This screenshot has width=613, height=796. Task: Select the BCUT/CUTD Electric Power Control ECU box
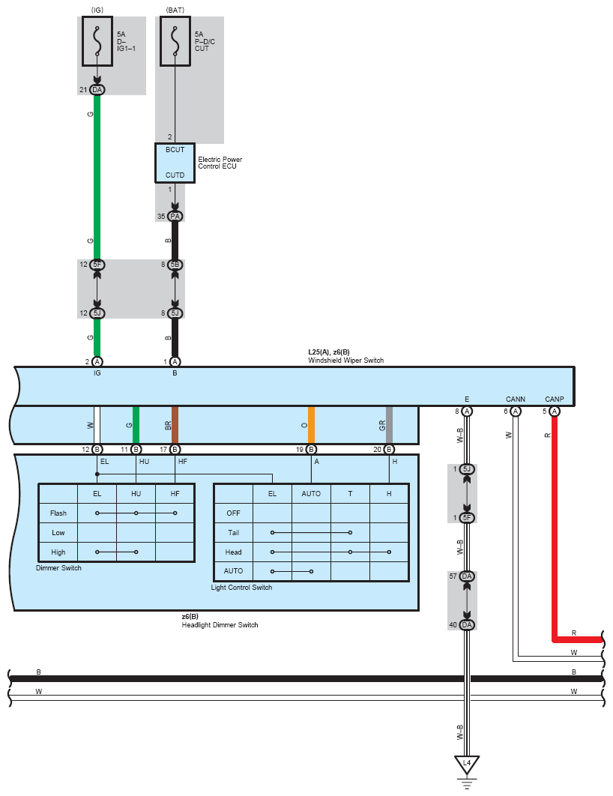pos(175,163)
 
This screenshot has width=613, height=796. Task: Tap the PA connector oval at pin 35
pos(175,217)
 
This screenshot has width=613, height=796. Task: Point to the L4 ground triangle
pos(467,765)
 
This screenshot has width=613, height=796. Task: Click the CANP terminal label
pos(555,399)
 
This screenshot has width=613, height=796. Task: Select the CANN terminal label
pos(515,399)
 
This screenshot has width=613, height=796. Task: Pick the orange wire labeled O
pos(311,425)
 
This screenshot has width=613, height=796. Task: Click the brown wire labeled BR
pos(175,425)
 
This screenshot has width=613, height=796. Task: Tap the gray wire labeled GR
pos(389,425)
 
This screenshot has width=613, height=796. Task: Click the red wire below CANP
pos(555,525)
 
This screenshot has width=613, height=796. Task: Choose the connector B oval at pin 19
pos(311,450)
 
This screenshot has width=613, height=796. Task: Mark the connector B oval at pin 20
pos(389,450)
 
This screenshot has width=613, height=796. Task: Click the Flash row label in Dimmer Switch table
pos(58,513)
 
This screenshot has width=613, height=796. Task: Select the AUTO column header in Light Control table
pos(311,494)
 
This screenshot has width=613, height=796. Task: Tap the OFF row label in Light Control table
pos(233,513)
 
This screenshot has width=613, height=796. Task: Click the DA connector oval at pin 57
pos(467,576)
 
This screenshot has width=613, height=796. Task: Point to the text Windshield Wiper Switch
pos(345,361)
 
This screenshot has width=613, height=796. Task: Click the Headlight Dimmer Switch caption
pos(220,624)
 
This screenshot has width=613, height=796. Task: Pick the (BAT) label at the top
pos(175,9)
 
